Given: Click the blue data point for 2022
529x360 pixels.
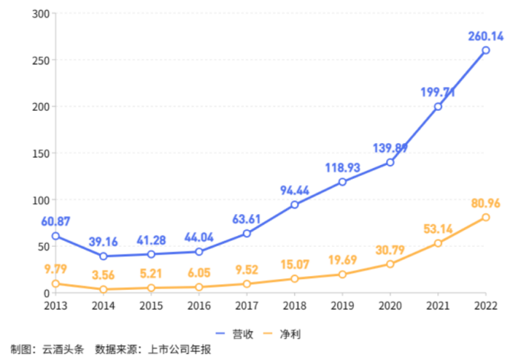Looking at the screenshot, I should point(485,50).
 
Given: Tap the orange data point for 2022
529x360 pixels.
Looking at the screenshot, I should point(485,218).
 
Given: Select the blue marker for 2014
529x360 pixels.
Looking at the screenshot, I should point(103,256).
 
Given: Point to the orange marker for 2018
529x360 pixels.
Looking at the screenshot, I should point(294,279).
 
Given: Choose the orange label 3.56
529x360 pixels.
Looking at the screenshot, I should point(105,275).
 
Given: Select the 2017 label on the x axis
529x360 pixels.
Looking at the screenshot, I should point(247,306).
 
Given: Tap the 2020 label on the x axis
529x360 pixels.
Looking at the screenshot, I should point(390,306).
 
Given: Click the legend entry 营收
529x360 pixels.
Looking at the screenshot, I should point(238,334).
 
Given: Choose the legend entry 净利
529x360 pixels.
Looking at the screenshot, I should point(284,334).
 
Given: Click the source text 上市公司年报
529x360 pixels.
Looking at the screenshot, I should point(180,350).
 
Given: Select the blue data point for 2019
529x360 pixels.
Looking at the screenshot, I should point(342,182).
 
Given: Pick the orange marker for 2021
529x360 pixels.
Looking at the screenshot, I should point(438,243).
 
